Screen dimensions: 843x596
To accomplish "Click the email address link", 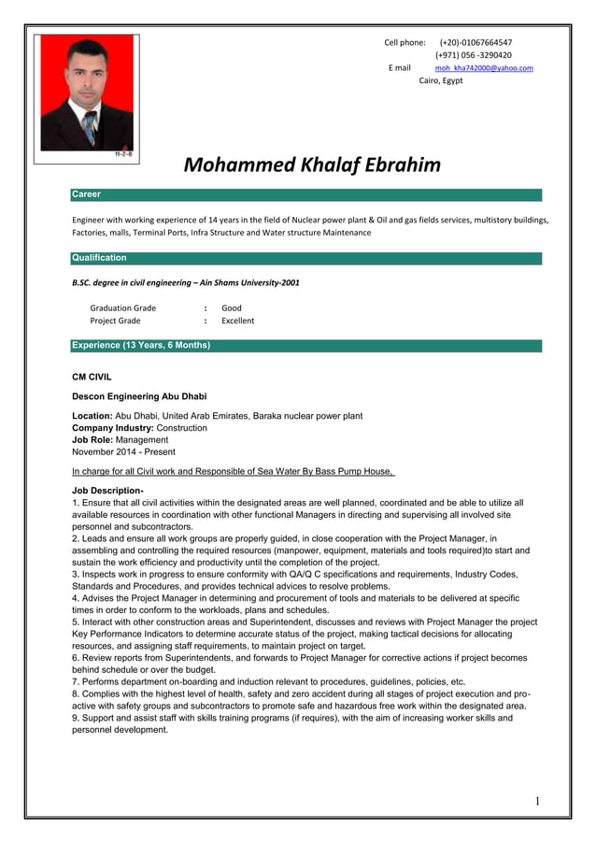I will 484,68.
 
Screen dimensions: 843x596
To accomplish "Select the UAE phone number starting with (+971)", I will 479,55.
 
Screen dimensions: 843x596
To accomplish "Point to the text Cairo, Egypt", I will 440,81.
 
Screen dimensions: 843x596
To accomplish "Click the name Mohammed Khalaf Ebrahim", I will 311,165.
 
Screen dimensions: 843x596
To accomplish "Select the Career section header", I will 86,194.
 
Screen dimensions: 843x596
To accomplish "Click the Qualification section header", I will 99,258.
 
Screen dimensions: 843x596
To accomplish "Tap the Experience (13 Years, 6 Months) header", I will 141,346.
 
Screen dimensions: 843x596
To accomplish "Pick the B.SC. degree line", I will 186,281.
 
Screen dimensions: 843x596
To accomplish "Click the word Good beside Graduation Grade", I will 232,307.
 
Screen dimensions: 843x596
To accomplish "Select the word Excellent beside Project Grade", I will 237,321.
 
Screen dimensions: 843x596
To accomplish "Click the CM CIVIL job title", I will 92,377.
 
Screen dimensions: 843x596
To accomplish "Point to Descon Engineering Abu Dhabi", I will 139,397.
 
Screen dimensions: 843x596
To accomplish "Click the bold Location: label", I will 92,416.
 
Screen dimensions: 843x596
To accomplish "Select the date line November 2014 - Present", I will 123,451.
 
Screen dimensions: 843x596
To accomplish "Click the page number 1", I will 538,801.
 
